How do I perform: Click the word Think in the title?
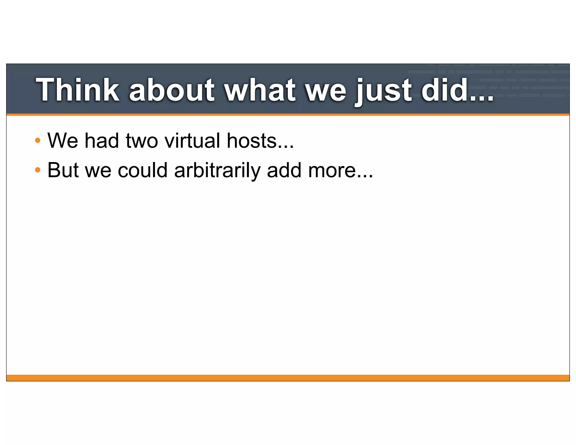(78, 90)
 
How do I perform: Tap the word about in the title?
(172, 90)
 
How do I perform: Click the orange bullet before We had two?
(38, 140)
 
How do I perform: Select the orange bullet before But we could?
(38, 170)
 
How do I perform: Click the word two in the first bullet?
(142, 141)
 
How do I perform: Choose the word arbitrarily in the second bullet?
(217, 171)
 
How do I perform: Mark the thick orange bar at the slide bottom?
(288, 378)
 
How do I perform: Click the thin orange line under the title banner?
(288, 115)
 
